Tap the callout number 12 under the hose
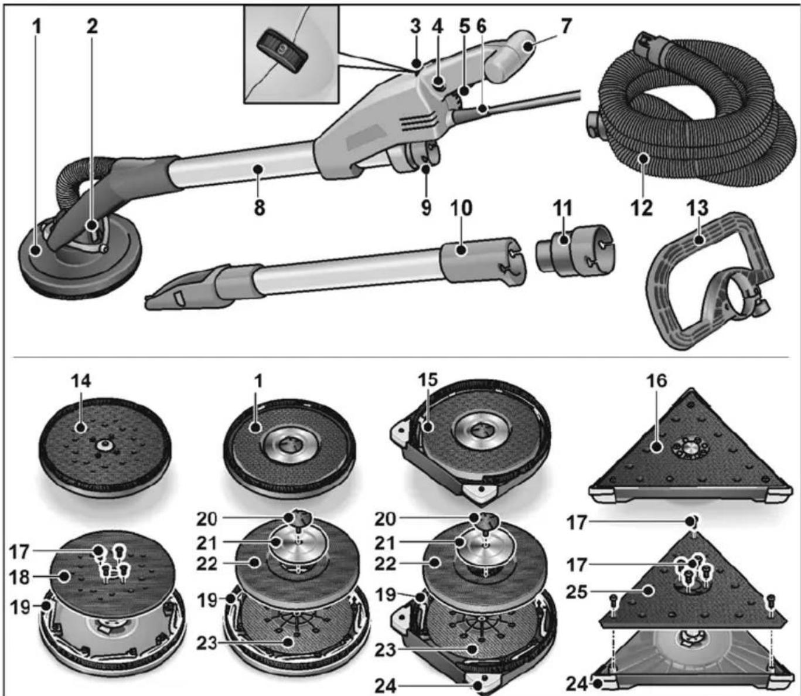pos(642,208)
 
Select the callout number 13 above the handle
pos(697,208)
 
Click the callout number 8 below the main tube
pos(259,208)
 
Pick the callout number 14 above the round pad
pos(81,381)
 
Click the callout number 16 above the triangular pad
pos(656,381)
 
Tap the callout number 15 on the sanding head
pos(428,379)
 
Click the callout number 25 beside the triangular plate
pos(577,590)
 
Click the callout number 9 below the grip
pos(426,208)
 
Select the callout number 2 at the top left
pos(91,26)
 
